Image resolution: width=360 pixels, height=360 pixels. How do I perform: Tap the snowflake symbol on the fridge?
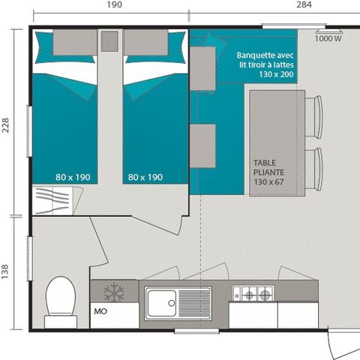point(114,291)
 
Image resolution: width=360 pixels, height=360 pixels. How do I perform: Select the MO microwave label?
point(100,310)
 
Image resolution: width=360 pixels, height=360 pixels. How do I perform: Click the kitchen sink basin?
point(162,302)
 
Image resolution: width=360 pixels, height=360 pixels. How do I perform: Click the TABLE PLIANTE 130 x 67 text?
point(270,172)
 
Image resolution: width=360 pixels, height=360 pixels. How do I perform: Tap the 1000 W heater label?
point(327,39)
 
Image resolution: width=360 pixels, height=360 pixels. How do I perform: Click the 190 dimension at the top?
point(114,4)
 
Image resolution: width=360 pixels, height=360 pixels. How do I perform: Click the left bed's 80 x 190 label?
point(72,177)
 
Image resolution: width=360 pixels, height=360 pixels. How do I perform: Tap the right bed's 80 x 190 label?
point(145,177)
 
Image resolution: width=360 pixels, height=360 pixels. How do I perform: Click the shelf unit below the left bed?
point(55,202)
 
